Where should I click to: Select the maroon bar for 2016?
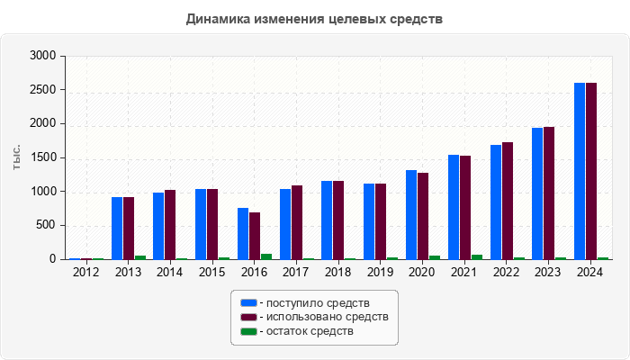point(255,236)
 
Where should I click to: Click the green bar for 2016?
point(266,256)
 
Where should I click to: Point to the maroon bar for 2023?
point(549,193)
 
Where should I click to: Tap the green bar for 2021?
point(477,256)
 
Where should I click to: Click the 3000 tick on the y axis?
point(44,56)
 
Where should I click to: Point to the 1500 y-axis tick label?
point(44,157)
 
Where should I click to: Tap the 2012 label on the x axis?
point(86,272)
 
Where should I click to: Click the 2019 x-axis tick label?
point(381,272)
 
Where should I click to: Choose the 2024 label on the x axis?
point(590,272)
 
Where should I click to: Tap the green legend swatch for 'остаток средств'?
point(248,331)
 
